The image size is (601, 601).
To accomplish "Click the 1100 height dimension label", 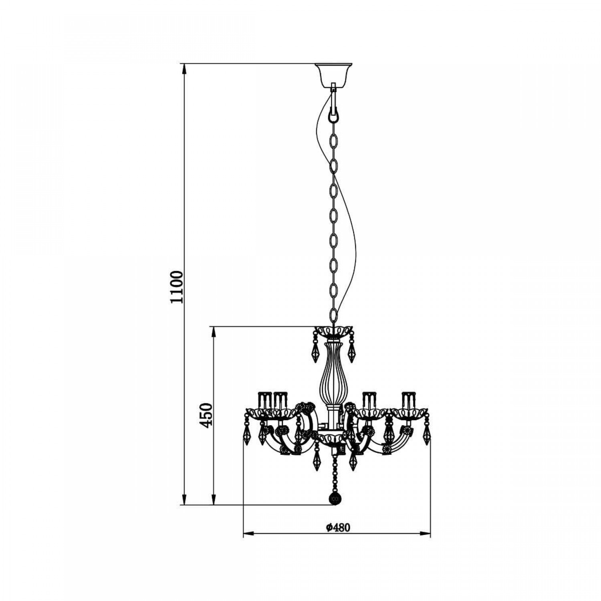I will coord(176,287).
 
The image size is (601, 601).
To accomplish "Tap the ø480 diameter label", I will coord(338,528).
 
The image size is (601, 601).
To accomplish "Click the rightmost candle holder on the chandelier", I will coord(409,401).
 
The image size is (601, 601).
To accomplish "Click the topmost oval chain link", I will coord(333,141).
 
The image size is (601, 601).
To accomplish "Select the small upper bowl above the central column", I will coord(333,332).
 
